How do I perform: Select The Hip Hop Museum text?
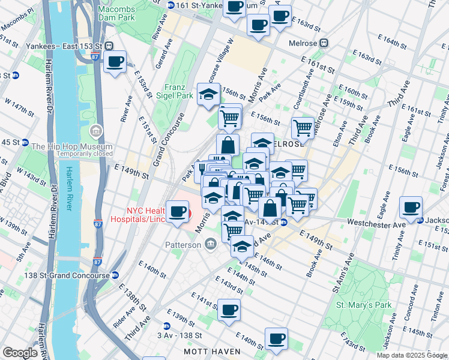72,147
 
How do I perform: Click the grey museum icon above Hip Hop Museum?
95,131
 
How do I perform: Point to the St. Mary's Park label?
364,305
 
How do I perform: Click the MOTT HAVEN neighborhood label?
208,349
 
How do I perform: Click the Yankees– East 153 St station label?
65,46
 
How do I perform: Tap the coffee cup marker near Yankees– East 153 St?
115,61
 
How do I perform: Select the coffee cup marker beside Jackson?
411,208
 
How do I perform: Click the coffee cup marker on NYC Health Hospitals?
177,211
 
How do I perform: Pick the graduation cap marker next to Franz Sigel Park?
209,94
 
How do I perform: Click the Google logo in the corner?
20,353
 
